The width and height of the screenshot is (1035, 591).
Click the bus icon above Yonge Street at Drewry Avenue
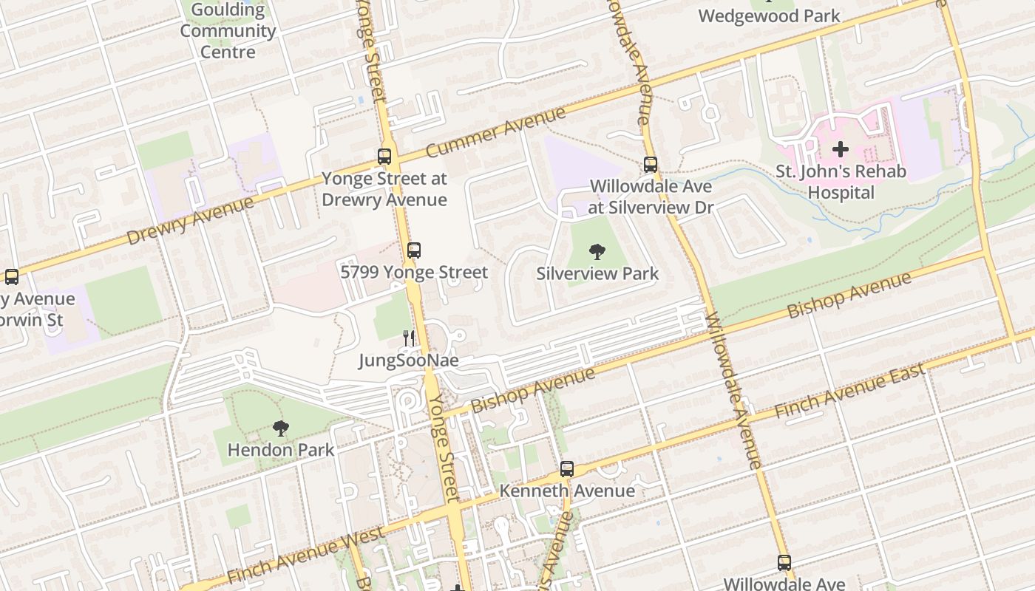point(384,157)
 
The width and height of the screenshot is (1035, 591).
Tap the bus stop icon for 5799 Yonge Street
point(414,250)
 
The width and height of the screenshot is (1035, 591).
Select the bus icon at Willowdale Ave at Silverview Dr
point(651,165)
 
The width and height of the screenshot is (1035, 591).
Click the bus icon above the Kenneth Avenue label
point(567,469)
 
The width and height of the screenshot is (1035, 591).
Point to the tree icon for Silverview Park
point(597,252)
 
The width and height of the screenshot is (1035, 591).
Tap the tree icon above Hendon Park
point(280,428)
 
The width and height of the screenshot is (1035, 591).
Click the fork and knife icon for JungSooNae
point(408,338)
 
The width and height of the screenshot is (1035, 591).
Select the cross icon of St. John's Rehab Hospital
point(841,150)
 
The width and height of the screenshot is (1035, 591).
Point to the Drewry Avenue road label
point(189,221)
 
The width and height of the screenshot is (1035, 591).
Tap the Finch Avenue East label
point(850,392)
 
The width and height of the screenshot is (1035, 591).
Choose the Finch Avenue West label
point(305,554)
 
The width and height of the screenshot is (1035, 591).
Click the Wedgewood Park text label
point(769,16)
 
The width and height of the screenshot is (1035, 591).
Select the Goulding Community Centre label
point(228,31)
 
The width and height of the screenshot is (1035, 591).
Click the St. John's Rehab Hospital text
point(841,182)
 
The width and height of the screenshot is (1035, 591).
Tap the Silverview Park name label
point(597,273)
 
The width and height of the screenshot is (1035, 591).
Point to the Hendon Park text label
point(281,449)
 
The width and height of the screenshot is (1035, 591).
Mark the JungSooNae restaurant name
point(409,361)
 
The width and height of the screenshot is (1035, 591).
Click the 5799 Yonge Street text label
point(414,273)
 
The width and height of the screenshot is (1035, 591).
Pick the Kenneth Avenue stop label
point(567,491)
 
